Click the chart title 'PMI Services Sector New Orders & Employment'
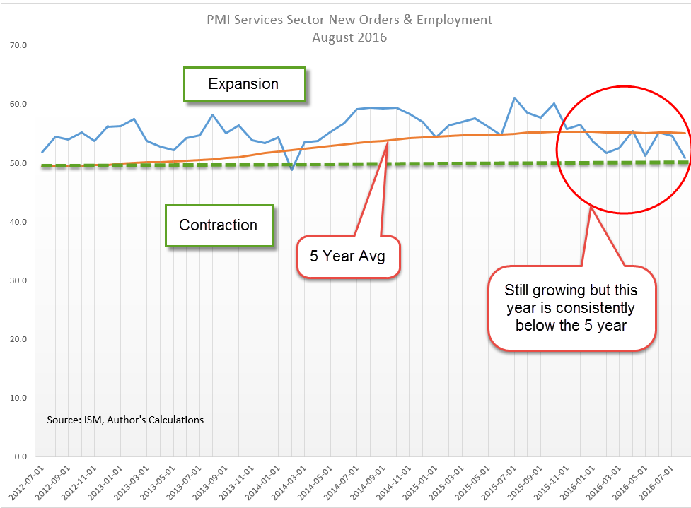pyautogui.click(x=349, y=20)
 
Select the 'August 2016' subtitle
pyautogui.click(x=349, y=37)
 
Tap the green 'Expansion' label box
pyautogui.click(x=244, y=84)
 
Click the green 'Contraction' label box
pyautogui.click(x=219, y=225)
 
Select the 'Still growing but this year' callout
pyautogui.click(x=571, y=308)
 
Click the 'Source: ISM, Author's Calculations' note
pyautogui.click(x=125, y=420)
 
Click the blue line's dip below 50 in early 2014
pyautogui.click(x=291, y=170)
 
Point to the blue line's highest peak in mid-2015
pyautogui.click(x=514, y=98)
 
